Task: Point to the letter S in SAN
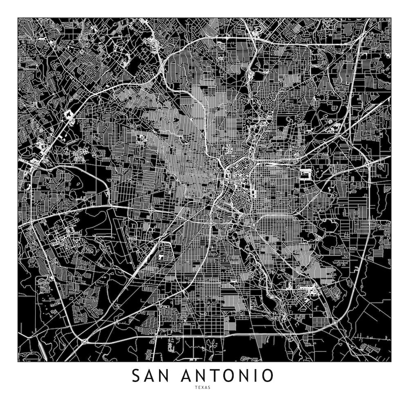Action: click(x=136, y=375)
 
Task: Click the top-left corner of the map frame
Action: click(x=18, y=18)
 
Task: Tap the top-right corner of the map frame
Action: click(x=391, y=18)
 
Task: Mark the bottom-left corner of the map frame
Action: click(x=18, y=362)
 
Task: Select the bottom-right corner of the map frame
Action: click(x=391, y=362)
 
